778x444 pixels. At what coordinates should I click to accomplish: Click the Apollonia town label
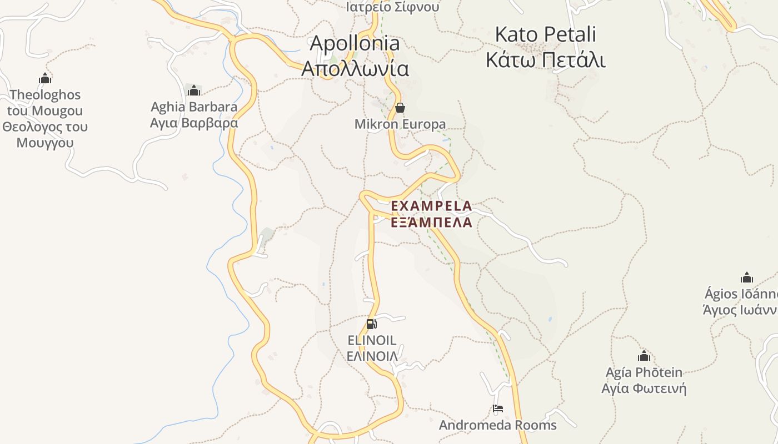[355, 43]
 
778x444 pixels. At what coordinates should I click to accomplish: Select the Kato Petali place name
[545, 34]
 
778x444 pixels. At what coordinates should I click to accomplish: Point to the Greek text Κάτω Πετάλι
[545, 60]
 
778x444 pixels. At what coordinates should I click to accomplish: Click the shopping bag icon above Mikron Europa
[400, 108]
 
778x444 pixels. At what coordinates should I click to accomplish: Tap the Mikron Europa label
[400, 124]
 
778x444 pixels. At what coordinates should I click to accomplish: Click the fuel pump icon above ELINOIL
[372, 324]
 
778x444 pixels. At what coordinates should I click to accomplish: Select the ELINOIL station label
[372, 340]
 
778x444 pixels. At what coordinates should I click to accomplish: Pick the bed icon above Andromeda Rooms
[498, 409]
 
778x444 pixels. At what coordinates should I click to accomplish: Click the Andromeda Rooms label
[498, 425]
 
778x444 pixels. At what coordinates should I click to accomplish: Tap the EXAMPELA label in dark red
[431, 206]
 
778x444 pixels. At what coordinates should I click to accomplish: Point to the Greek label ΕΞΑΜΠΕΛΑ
[431, 223]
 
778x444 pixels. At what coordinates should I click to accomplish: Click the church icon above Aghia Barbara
[194, 90]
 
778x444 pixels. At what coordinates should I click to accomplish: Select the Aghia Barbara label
[194, 107]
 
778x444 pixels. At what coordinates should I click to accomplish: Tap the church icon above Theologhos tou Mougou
[45, 78]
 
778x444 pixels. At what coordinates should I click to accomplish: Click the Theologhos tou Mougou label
[45, 110]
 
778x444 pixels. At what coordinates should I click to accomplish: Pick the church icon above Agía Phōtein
[644, 356]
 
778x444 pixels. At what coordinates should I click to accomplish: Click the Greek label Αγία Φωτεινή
[644, 388]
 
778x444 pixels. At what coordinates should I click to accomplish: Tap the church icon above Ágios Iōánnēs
[747, 277]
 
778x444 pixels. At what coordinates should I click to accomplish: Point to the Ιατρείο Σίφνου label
[392, 7]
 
